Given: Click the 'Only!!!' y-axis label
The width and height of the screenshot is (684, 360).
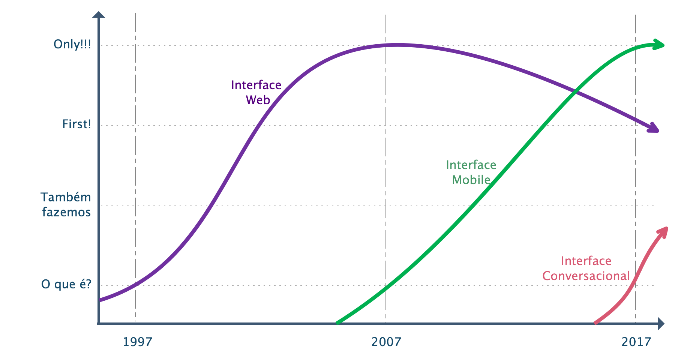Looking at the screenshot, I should coord(72,44).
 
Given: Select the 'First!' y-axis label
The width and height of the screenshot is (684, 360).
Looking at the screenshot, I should coord(76,124).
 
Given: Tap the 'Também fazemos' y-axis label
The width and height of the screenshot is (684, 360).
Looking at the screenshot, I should coord(66,205).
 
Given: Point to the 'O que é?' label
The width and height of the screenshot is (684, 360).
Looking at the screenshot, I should coord(66,284).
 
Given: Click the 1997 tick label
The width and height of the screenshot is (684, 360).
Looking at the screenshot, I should coord(137,342).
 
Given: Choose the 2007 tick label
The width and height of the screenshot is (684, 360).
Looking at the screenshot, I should coord(386,342).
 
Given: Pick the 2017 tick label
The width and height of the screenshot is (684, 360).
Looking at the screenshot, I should coord(636,342).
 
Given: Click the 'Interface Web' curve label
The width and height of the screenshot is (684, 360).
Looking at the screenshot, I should coord(256,93).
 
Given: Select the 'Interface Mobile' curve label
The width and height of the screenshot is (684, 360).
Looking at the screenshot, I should coord(471,172).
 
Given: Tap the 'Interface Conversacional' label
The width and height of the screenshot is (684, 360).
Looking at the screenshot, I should coord(586,268).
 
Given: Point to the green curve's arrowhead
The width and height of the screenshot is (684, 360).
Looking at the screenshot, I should coord(658,45).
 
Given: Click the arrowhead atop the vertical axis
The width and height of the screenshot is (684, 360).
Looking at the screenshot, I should coord(99,15).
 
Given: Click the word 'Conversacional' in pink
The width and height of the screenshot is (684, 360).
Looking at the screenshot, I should coord(586,276).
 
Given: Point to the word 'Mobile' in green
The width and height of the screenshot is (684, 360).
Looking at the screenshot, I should coord(471,180).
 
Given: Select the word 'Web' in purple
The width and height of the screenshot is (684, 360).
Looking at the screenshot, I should coord(258,100).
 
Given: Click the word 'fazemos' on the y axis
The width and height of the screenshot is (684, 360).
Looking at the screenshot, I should coord(66,212).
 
